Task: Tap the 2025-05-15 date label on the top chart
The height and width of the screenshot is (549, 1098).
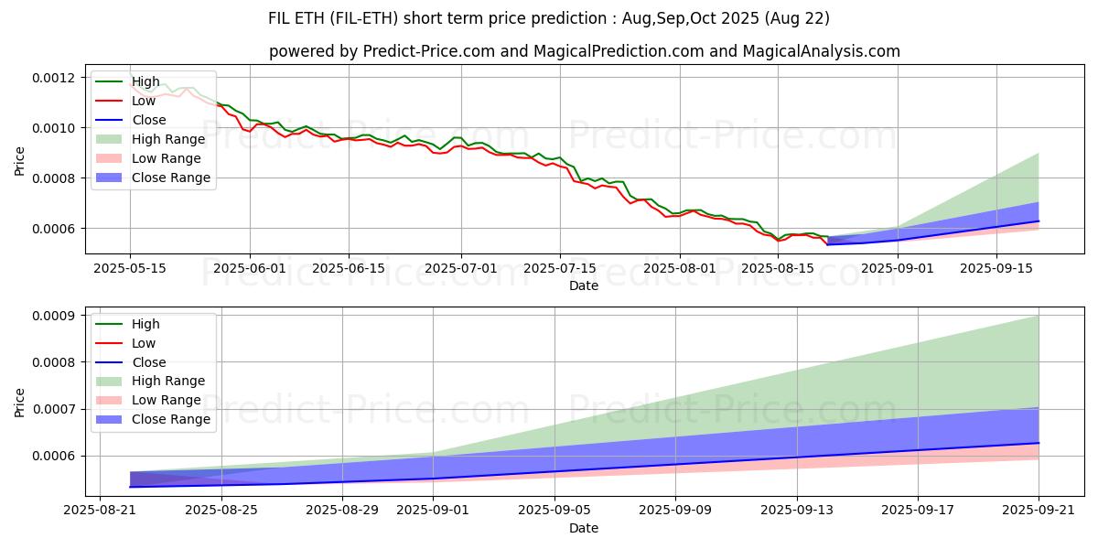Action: (129, 268)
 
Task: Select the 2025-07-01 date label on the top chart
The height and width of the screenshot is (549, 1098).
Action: (461, 268)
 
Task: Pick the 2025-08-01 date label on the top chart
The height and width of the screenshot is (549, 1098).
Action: (680, 268)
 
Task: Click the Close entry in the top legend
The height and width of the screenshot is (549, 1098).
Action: (149, 120)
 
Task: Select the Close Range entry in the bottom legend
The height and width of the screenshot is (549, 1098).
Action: (171, 419)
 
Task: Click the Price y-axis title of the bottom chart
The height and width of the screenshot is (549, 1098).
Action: (20, 402)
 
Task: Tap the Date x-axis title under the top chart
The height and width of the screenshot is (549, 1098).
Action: (584, 285)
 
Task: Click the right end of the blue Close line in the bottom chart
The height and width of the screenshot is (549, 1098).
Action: (1039, 443)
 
